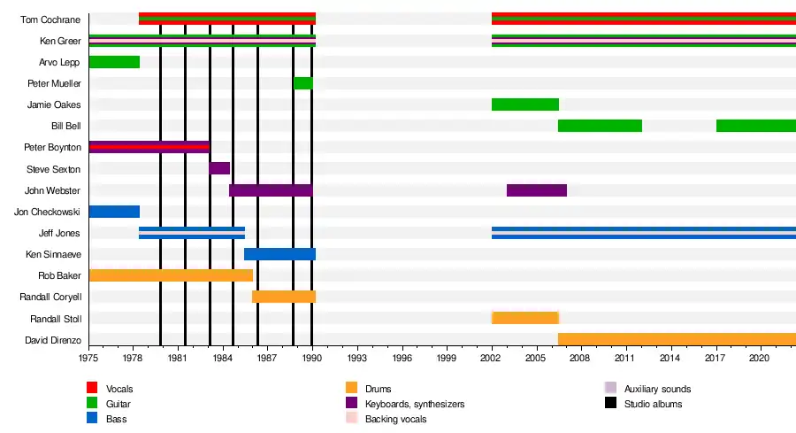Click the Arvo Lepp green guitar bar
pyautogui.click(x=114, y=62)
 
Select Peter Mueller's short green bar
pyautogui.click(x=302, y=83)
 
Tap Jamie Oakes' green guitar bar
pyautogui.click(x=524, y=104)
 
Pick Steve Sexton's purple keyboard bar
pyautogui.click(x=219, y=168)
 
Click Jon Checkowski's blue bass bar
pyautogui.click(x=114, y=212)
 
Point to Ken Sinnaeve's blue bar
pyautogui.click(x=279, y=254)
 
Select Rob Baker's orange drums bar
pyautogui.click(x=171, y=275)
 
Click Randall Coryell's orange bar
pyautogui.click(x=283, y=297)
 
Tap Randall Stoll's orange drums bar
pyautogui.click(x=524, y=318)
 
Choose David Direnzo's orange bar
pyautogui.click(x=677, y=339)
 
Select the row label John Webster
pyautogui.click(x=54, y=190)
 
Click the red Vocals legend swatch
pyautogui.click(x=91, y=388)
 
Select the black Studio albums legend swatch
pyautogui.click(x=609, y=403)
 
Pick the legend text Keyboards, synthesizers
pyautogui.click(x=415, y=404)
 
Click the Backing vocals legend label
pyautogui.click(x=395, y=419)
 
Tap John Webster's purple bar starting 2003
pyautogui.click(x=536, y=190)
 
